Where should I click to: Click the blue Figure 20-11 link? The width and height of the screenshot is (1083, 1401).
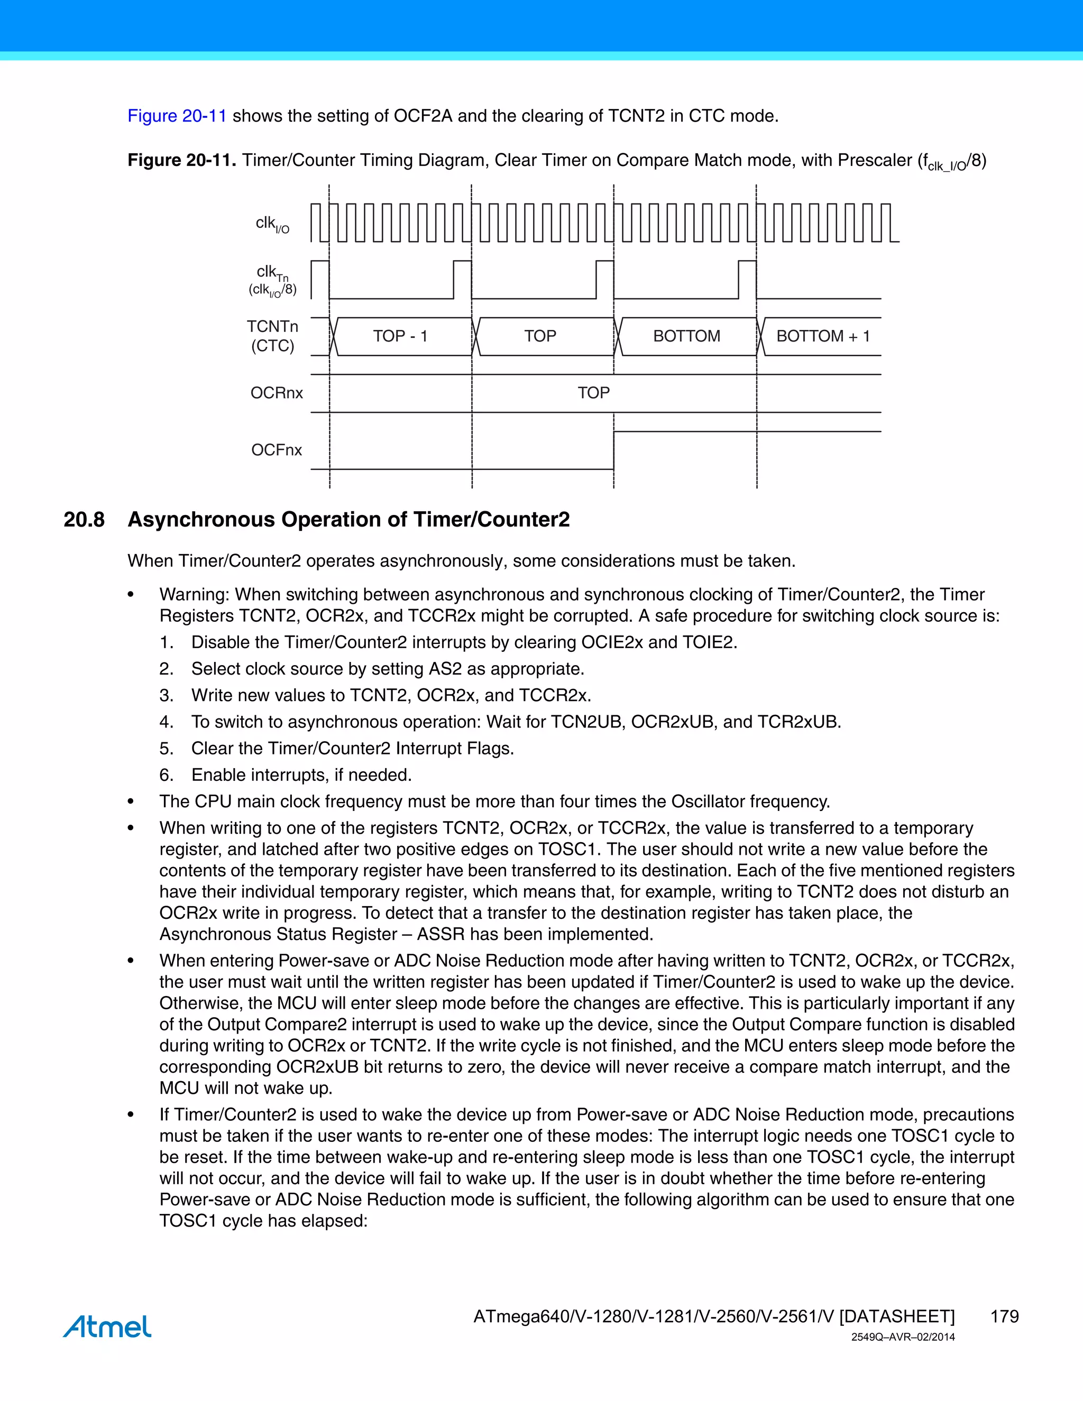(x=177, y=116)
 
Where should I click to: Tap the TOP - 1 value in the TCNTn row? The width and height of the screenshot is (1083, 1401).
(x=400, y=336)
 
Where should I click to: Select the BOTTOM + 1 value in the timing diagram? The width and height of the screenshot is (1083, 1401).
(x=822, y=336)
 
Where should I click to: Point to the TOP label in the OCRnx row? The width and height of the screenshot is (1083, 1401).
(x=593, y=393)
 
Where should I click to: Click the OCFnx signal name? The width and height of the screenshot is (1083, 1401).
(x=276, y=450)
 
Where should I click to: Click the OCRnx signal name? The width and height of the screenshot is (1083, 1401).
(x=276, y=393)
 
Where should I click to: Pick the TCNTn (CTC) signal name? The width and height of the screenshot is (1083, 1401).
(x=273, y=336)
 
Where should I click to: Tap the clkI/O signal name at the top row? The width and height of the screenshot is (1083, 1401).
(x=272, y=224)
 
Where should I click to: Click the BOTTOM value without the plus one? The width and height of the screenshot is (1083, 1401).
(x=686, y=336)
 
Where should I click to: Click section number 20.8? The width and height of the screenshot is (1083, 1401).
(x=84, y=520)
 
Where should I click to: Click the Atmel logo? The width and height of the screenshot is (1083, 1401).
(x=107, y=1326)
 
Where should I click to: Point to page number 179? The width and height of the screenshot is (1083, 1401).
(x=1004, y=1316)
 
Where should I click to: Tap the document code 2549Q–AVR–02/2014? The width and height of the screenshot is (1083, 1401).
(x=903, y=1338)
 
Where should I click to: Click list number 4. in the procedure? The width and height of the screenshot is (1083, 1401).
(x=166, y=722)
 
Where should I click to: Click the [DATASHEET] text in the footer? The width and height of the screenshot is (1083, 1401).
(x=897, y=1316)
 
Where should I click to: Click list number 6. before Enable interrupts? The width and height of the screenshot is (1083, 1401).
(x=166, y=776)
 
